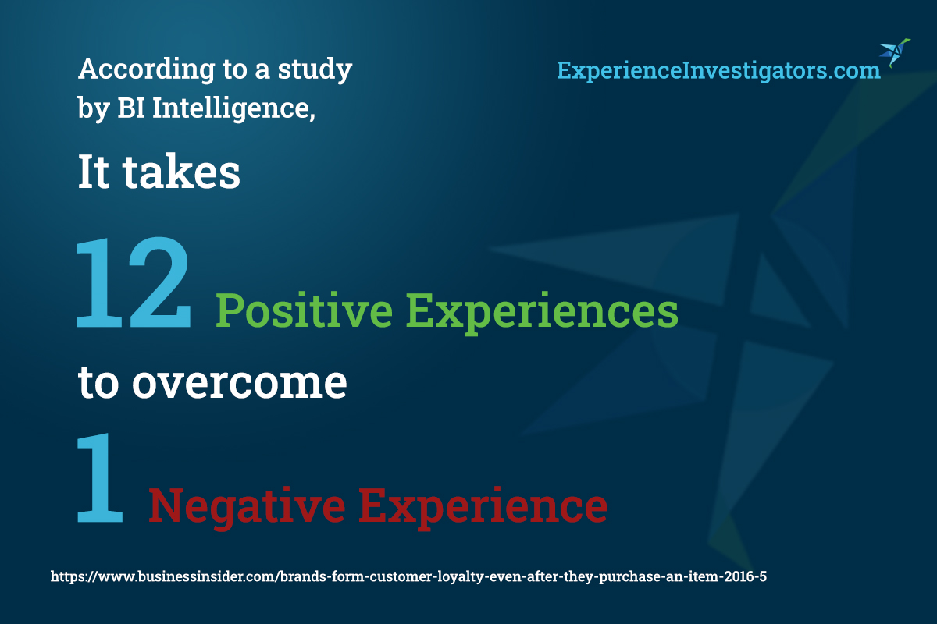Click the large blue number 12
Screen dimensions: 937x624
[134, 282]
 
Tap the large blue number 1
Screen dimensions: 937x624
[100, 477]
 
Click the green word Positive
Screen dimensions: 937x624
[304, 311]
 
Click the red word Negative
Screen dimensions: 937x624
[247, 507]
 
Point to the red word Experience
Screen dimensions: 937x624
[483, 507]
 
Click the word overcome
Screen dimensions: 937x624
[240, 382]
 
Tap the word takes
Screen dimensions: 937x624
[181, 172]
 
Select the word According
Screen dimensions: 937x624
[147, 69]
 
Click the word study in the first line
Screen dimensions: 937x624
[315, 69]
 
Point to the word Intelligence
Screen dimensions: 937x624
[233, 108]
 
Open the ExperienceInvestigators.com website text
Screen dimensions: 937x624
[718, 70]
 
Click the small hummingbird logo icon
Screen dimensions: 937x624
[895, 53]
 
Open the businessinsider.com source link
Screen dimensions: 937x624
[408, 576]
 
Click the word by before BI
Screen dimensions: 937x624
[94, 108]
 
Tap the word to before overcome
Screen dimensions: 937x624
[98, 383]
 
